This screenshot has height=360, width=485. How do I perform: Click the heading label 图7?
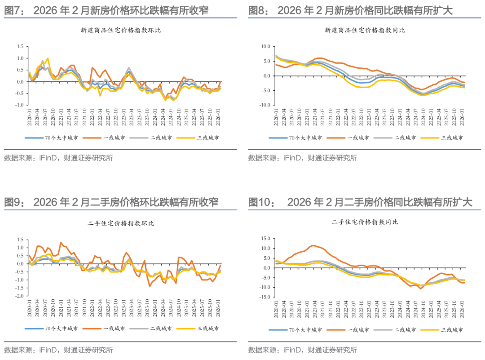(13, 10)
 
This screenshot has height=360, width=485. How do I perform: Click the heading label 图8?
(258, 10)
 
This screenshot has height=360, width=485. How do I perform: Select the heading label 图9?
(13, 202)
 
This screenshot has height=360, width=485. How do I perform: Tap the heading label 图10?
(261, 202)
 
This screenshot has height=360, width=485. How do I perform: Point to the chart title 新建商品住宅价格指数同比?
(365, 31)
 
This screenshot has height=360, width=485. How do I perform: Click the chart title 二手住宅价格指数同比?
(365, 222)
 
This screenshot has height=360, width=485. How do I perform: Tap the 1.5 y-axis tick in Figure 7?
(19, 47)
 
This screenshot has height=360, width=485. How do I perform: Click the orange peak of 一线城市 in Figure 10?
(313, 245)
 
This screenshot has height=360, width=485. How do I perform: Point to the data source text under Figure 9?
(58, 350)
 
